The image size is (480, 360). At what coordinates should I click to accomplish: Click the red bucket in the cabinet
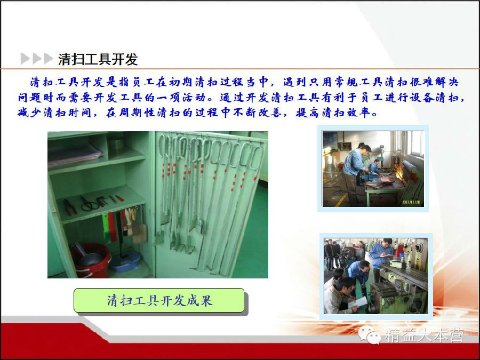click(x=91, y=261)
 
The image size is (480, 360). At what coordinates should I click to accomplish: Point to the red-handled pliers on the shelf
click(x=70, y=207)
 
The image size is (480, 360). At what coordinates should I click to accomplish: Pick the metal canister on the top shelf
click(x=116, y=143)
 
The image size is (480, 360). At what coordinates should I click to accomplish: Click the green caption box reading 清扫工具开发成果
click(x=159, y=300)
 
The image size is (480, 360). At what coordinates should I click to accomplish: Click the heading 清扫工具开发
click(x=98, y=59)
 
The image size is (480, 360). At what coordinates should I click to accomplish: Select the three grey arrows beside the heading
click(x=37, y=59)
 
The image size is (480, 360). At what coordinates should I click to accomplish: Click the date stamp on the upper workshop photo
click(x=411, y=202)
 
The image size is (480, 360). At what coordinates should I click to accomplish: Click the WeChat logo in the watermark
click(x=370, y=335)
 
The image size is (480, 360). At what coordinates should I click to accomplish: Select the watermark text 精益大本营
click(x=425, y=335)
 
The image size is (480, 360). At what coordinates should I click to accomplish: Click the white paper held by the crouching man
click(x=359, y=302)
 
